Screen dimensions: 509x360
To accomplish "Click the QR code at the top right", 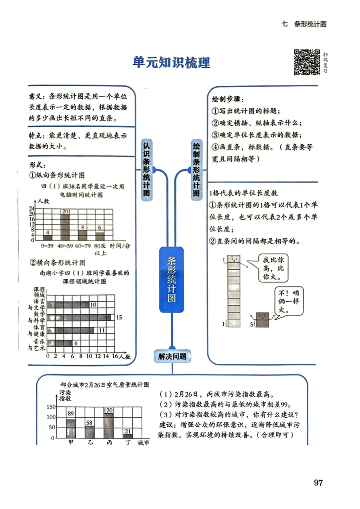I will [306, 62].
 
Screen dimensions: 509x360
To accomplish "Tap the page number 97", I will [318, 483].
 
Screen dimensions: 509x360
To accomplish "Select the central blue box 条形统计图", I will [171, 279].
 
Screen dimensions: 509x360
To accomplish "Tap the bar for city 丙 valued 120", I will [108, 425].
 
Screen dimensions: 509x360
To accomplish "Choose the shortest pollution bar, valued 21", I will [128, 436].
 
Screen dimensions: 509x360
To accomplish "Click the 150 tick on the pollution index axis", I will [50, 407].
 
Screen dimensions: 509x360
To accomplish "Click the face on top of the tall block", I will [234, 260].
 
